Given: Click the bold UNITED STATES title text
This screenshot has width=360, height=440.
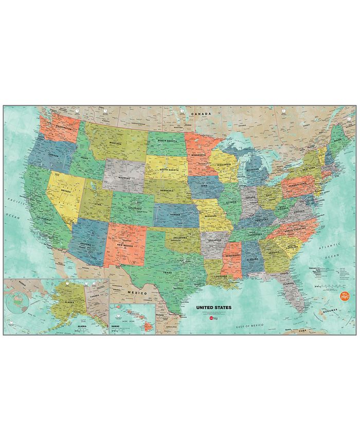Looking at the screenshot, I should coord(213,307).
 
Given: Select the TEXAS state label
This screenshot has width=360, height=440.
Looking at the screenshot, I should coord(167,272).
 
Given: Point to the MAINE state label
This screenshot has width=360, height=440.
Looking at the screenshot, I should coord(338,140).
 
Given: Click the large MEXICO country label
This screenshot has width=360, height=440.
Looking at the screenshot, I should coord(137,293).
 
